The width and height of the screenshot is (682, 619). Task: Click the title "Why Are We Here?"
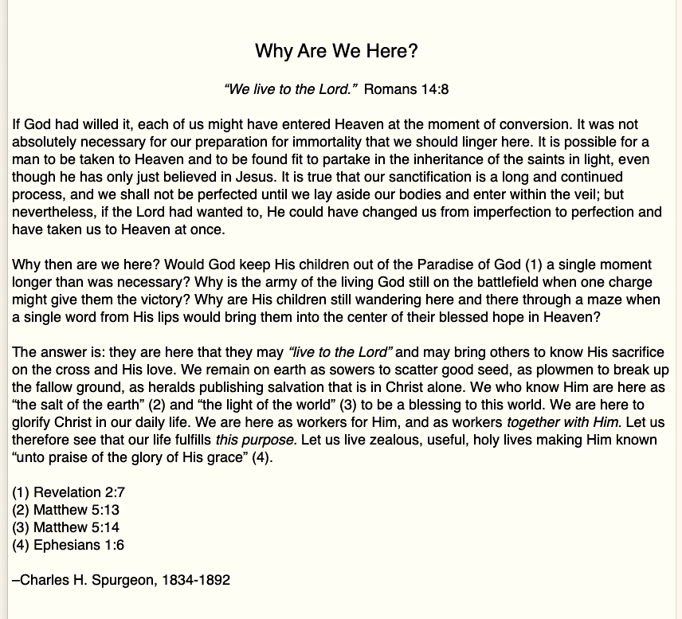coord(336,52)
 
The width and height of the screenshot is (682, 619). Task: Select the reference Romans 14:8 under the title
coord(406,89)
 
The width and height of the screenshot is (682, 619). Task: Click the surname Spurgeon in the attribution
coord(123,580)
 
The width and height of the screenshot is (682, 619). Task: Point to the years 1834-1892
coord(196,580)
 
